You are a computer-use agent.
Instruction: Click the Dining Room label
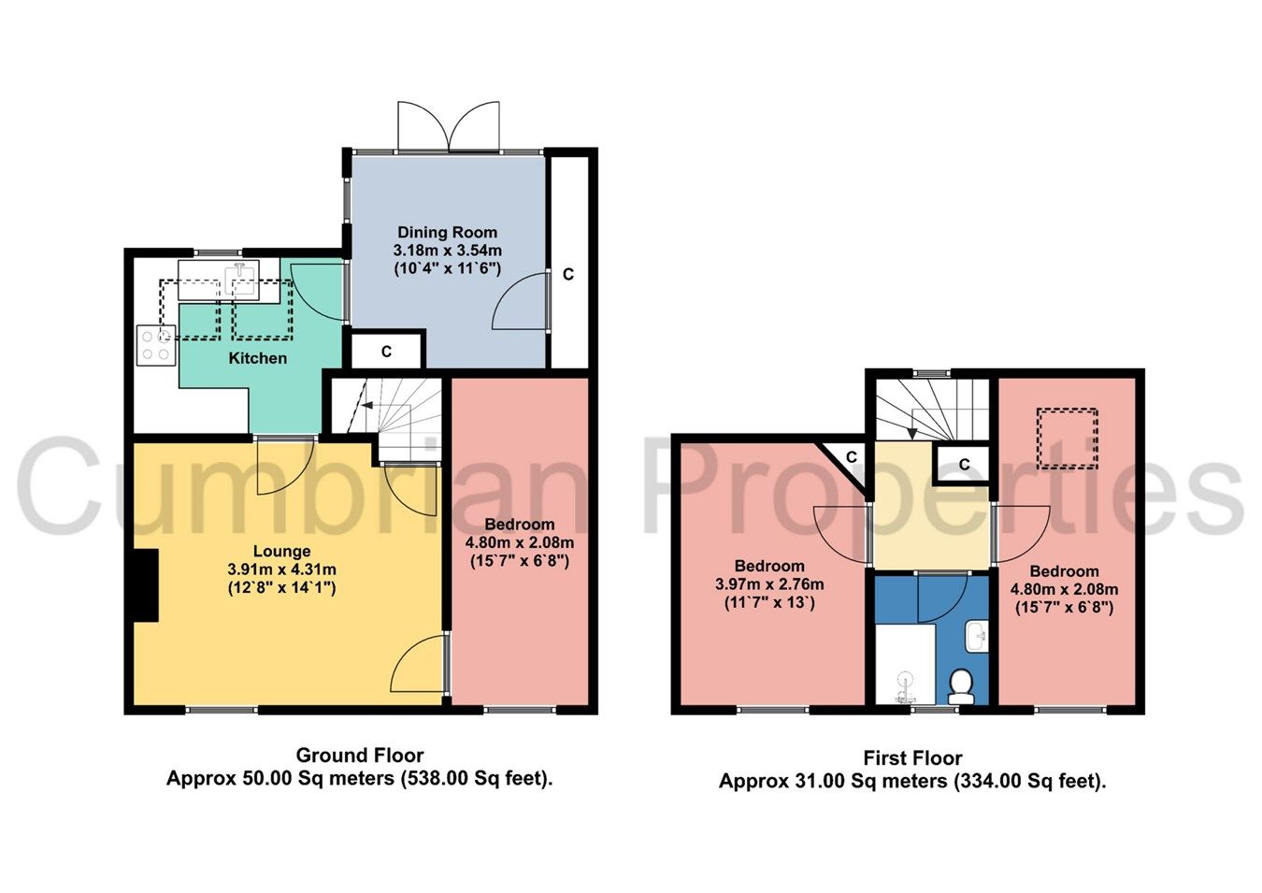[x=447, y=232]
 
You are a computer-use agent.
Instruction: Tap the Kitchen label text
[x=258, y=358]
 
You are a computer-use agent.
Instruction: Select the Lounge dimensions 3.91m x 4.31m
[x=281, y=569]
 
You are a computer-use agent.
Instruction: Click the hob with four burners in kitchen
[x=156, y=343]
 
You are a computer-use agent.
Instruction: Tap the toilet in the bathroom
[x=960, y=687]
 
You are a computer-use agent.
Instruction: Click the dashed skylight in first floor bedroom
[x=1068, y=439]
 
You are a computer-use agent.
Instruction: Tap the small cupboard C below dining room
[x=386, y=352]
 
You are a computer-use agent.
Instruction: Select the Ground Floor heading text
[x=360, y=756]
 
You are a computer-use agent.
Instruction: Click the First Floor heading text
[x=912, y=758]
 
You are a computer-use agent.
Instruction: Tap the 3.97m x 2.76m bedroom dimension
[x=769, y=584]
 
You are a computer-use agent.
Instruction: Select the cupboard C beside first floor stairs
[x=964, y=464]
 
